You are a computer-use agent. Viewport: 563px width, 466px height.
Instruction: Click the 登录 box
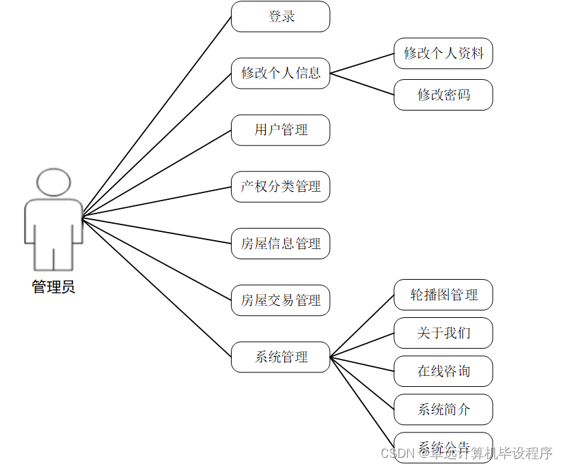[280, 16]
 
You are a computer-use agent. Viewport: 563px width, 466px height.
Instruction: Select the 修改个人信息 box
[280, 73]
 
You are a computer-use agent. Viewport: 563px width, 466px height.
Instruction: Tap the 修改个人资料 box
[443, 53]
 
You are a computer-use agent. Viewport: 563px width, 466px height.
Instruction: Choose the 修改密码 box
[443, 95]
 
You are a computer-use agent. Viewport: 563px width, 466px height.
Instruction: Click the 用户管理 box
[280, 130]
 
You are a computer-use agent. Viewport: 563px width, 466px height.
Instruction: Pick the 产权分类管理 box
[280, 186]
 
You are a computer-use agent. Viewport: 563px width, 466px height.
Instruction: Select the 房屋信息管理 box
[280, 244]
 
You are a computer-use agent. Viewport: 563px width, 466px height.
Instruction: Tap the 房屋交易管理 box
[280, 300]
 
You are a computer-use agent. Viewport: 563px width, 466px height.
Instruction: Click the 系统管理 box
[280, 357]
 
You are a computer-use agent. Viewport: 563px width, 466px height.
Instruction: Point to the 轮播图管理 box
[443, 295]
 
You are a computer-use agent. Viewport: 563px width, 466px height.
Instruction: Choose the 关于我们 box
[443, 333]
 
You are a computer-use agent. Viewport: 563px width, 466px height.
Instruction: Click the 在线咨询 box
[443, 371]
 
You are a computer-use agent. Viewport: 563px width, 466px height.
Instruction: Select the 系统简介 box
[443, 409]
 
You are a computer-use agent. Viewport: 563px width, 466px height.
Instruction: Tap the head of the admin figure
[53, 183]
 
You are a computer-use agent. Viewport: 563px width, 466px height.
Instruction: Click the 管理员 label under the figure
[53, 287]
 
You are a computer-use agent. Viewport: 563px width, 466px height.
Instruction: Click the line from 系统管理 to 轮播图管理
[362, 325]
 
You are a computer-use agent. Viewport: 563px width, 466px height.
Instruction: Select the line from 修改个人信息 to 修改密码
[362, 84]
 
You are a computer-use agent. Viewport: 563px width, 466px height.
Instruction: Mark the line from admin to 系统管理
[156, 287]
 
